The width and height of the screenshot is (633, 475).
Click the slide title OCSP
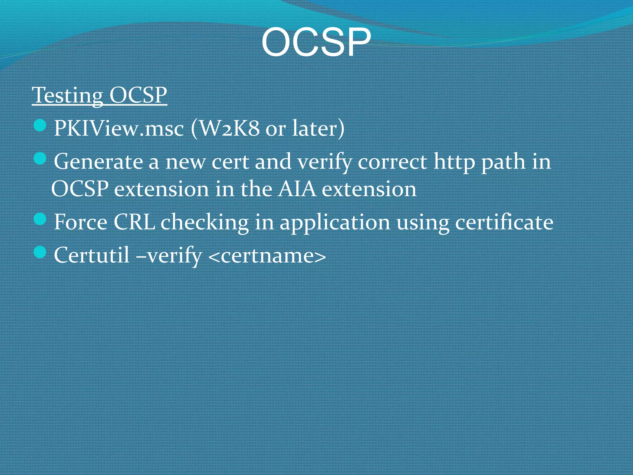coord(316,42)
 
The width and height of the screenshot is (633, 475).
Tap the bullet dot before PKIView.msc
coord(40,126)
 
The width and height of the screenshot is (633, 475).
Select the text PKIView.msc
coord(119,128)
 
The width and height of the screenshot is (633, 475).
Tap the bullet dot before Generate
coord(40,159)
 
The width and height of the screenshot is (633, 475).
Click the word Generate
coord(98,162)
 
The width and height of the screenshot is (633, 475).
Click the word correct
coord(392,162)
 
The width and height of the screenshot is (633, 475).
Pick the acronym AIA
coord(296,189)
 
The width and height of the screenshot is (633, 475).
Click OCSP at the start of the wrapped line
coord(80,189)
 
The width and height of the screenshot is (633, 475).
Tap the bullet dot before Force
coord(40,220)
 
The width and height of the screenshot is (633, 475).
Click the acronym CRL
coord(134,222)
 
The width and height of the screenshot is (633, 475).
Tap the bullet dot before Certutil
coord(40,253)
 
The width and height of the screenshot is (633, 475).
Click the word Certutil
coord(91,255)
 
